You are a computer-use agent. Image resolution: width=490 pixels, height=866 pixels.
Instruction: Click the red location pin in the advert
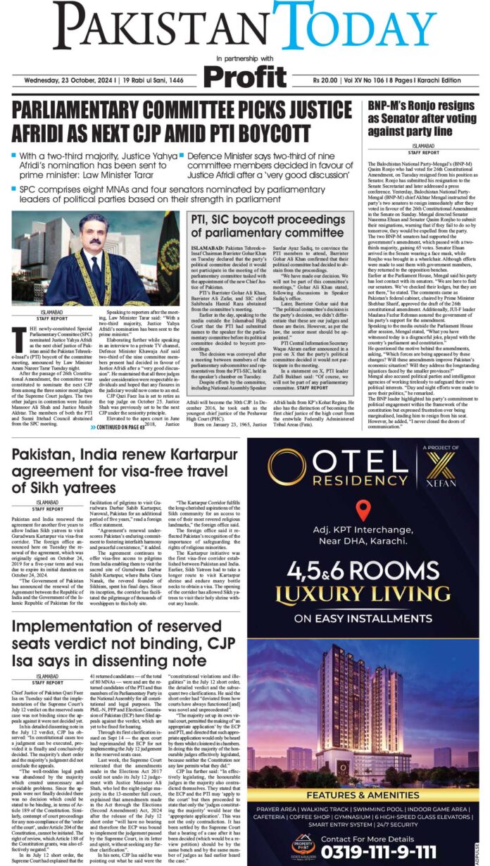click(x=363, y=510)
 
